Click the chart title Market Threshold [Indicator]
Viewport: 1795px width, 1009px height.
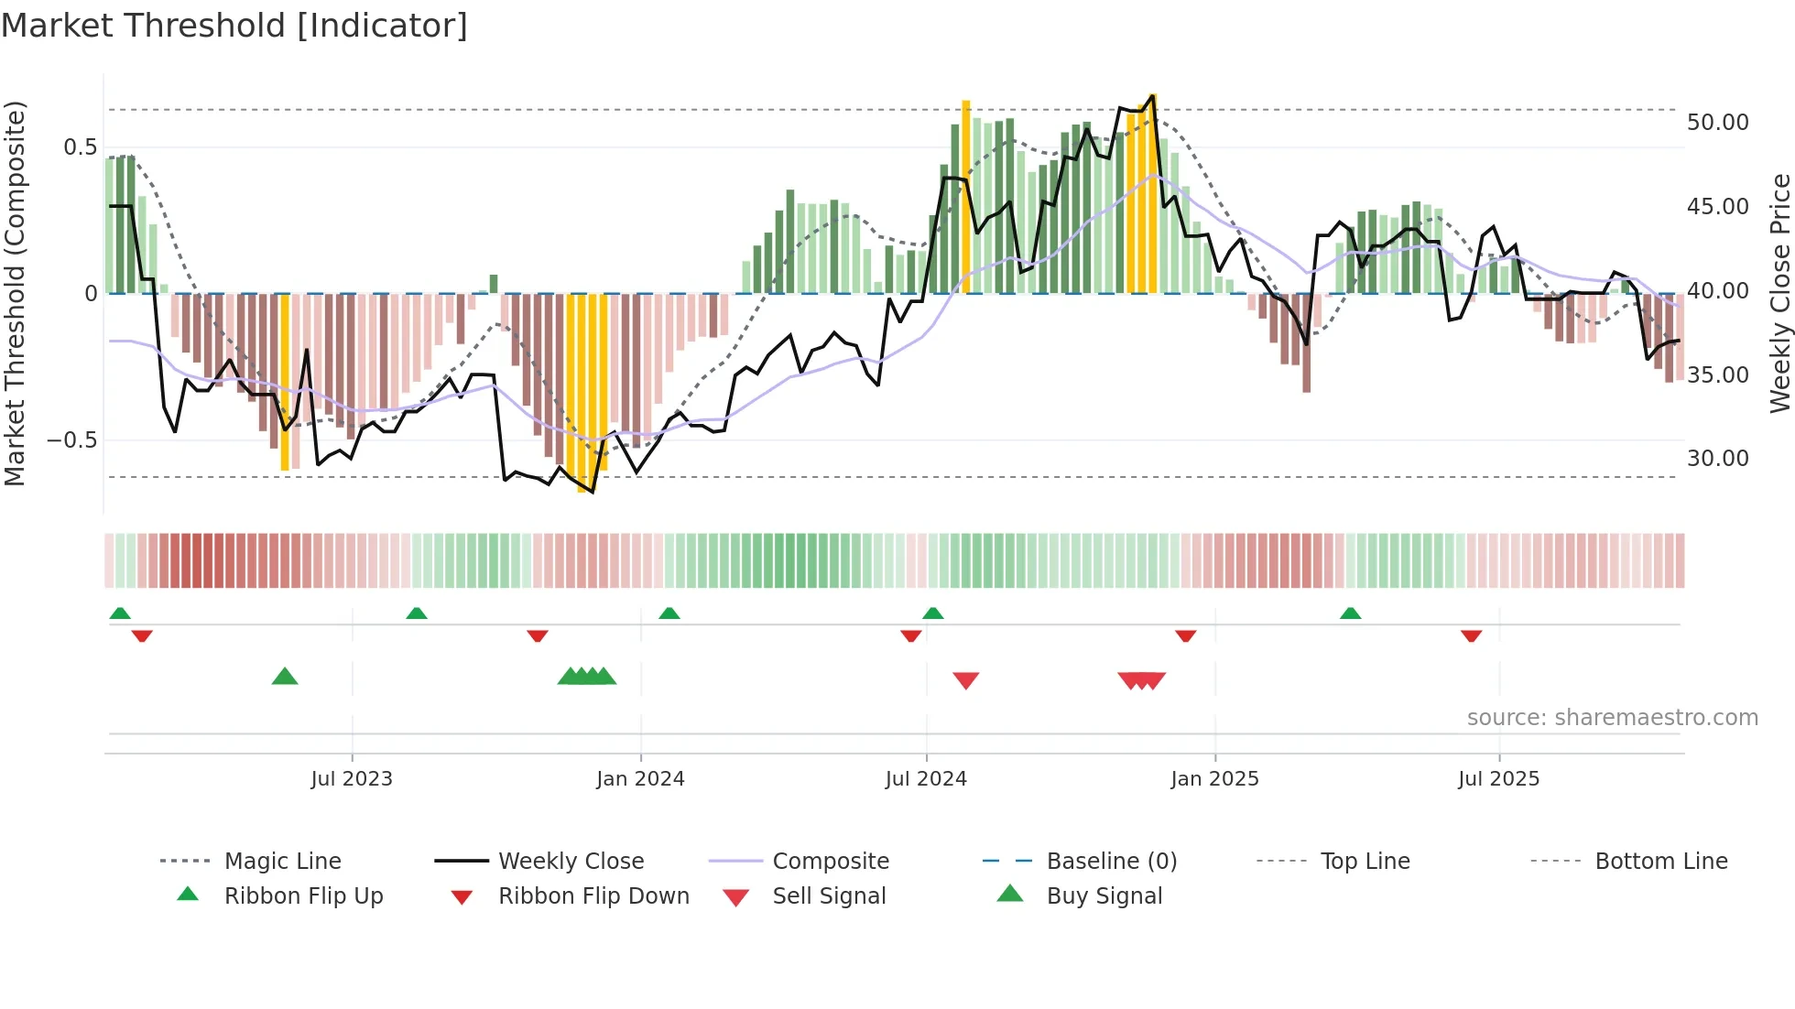(x=234, y=26)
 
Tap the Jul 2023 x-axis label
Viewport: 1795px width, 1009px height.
(x=352, y=779)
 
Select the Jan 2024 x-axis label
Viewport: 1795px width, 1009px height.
(x=640, y=779)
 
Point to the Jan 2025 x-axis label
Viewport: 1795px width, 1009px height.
(x=1214, y=779)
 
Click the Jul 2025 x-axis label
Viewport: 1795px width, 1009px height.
(x=1498, y=779)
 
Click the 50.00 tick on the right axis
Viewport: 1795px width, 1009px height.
(x=1717, y=123)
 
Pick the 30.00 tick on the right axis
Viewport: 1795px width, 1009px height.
(x=1717, y=459)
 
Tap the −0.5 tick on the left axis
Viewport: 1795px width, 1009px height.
(x=72, y=440)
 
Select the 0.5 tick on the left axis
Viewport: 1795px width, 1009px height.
(x=80, y=147)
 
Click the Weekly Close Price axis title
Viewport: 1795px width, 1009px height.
(x=1779, y=293)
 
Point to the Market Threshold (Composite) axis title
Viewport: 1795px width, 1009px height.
(x=15, y=293)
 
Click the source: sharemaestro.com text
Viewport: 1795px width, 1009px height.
(x=1612, y=718)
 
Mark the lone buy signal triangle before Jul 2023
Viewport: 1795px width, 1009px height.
(x=285, y=677)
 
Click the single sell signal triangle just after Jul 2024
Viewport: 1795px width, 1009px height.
(x=965, y=680)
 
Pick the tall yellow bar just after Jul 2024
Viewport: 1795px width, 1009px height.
(x=965, y=197)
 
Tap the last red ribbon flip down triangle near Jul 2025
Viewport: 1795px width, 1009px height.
(x=1471, y=635)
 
